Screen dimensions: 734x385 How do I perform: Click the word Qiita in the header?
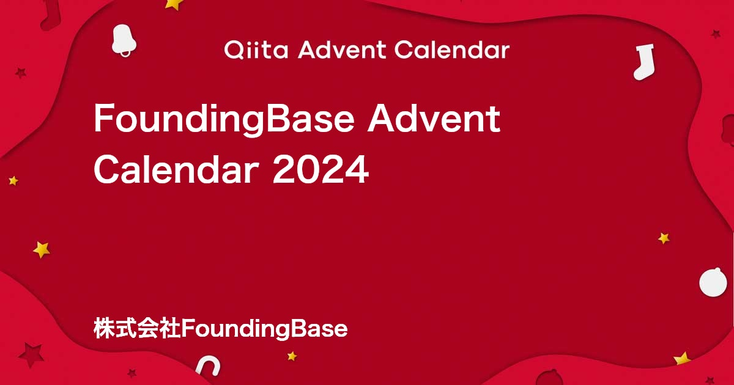tap(256, 50)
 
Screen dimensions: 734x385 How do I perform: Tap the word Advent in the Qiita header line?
tap(342, 50)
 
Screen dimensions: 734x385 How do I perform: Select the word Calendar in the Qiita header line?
tap(452, 50)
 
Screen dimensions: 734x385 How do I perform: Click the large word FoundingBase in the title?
tap(224, 119)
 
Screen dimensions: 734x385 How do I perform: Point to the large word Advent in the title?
tap(434, 118)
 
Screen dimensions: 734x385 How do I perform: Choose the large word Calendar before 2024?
tap(177, 169)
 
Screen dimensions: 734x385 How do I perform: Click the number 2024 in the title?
tap(321, 170)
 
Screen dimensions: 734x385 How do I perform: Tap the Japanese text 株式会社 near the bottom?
tap(137, 328)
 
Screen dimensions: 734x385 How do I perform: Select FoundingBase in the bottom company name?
tap(264, 329)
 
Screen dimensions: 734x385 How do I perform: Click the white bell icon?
tap(124, 40)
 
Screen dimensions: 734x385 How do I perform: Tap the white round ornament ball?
tap(713, 282)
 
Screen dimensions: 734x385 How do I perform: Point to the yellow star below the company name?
tap(292, 356)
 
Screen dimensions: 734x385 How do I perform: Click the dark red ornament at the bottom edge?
tap(549, 378)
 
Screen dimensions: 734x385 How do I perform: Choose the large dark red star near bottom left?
tap(31, 355)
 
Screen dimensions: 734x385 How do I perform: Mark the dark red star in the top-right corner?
tap(715, 34)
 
